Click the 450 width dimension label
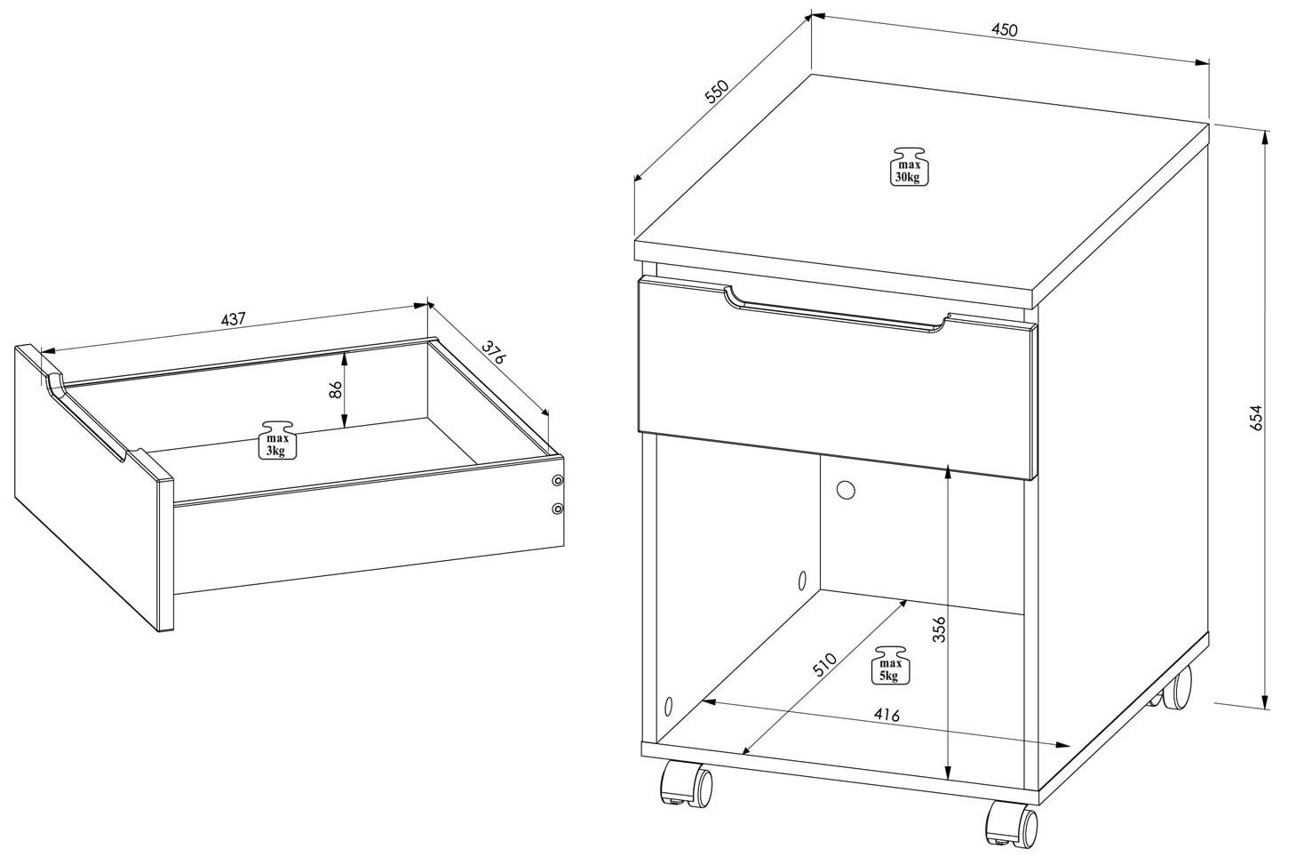click(1005, 29)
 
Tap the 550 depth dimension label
click(717, 92)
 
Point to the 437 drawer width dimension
click(234, 319)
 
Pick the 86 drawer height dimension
click(335, 390)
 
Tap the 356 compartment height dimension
click(938, 629)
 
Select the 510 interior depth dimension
click(824, 665)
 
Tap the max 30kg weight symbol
click(908, 166)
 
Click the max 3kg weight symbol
click(277, 439)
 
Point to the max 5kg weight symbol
click(890, 664)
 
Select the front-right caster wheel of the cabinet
click(1012, 826)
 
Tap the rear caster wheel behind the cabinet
click(1172, 688)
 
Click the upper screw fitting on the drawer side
click(558, 481)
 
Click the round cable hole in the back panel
click(846, 489)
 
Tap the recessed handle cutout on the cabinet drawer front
click(837, 313)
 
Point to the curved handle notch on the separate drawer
click(87, 420)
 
